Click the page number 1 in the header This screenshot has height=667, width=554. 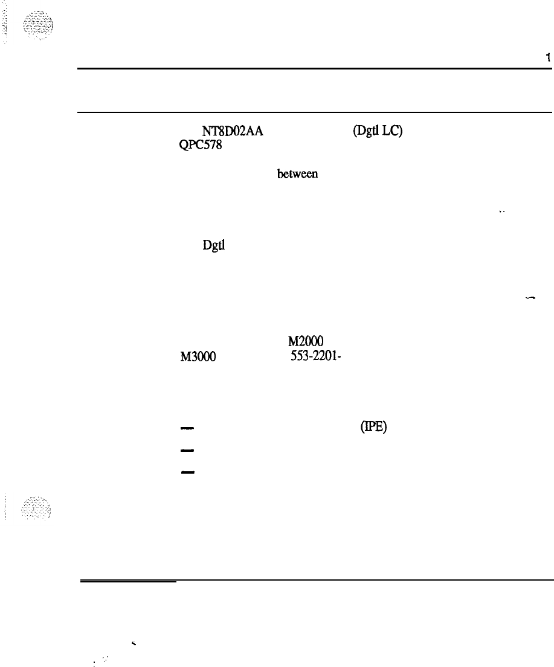pyautogui.click(x=547, y=58)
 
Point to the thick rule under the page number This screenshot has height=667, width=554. pyautogui.click(x=314, y=68)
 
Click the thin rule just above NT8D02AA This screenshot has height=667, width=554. pyautogui.click(x=314, y=112)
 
